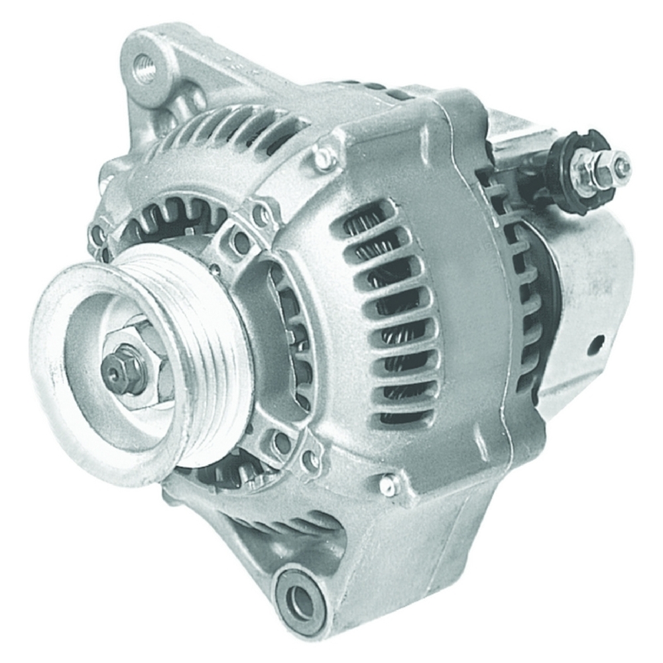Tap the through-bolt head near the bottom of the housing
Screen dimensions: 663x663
point(389,485)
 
